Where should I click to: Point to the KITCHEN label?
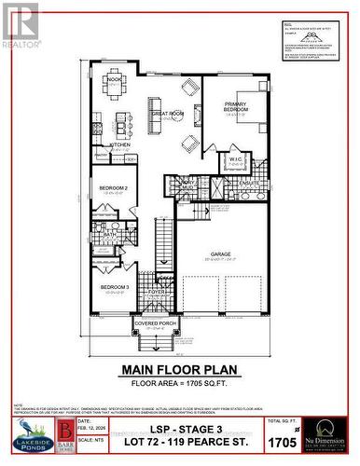click(120, 145)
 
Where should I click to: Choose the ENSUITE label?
click(247, 184)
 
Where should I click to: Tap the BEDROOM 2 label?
click(112, 188)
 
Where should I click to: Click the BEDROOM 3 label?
click(114, 286)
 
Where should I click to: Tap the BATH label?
click(109, 235)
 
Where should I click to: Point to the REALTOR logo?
click(21, 27)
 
